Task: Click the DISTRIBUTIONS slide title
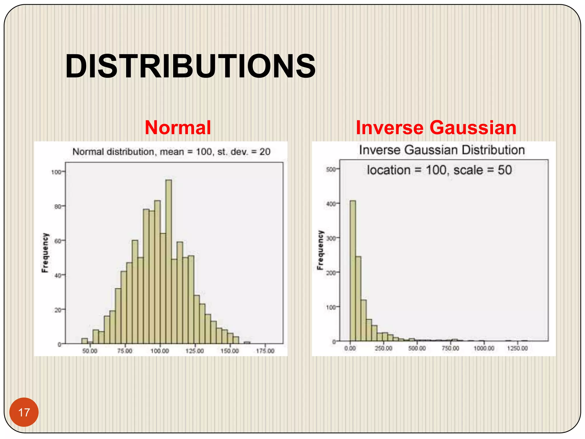190,66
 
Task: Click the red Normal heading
178,127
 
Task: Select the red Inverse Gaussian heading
436,127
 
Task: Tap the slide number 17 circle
24,412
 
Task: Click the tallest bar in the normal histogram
169,262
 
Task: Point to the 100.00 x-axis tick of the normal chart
160,351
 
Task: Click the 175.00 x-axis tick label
265,351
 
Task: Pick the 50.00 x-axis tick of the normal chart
90,351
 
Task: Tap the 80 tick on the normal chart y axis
58,207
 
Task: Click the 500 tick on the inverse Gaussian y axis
331,169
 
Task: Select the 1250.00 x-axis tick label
517,348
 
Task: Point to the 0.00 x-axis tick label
350,348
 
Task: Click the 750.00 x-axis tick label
450,348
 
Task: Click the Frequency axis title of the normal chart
45,253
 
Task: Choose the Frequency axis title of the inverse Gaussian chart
320,250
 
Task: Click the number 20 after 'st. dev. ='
265,152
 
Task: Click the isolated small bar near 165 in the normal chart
247,342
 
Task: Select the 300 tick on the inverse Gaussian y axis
331,238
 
